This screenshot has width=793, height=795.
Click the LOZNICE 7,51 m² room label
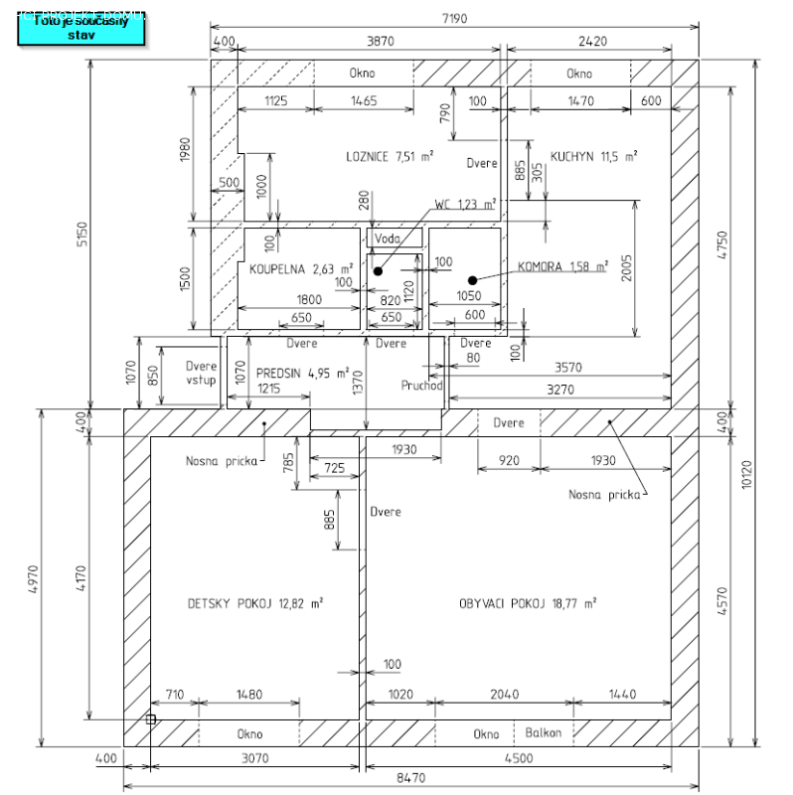[389, 156]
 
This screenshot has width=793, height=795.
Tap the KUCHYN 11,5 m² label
[594, 156]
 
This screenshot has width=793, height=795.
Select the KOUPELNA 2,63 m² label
[301, 268]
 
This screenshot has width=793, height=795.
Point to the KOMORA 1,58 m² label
[561, 266]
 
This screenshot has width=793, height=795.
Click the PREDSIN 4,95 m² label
[302, 374]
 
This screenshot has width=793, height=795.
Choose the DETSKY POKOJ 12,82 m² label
[254, 603]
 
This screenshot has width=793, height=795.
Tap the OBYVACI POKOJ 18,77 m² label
[527, 603]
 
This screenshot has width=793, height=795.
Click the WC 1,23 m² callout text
[464, 204]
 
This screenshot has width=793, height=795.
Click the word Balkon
[543, 733]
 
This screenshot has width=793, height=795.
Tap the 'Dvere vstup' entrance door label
[201, 373]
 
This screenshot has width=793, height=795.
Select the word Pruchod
[420, 385]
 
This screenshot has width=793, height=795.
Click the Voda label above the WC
[387, 238]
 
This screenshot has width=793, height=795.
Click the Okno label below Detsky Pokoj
[249, 734]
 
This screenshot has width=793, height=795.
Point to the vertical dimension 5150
[84, 234]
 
